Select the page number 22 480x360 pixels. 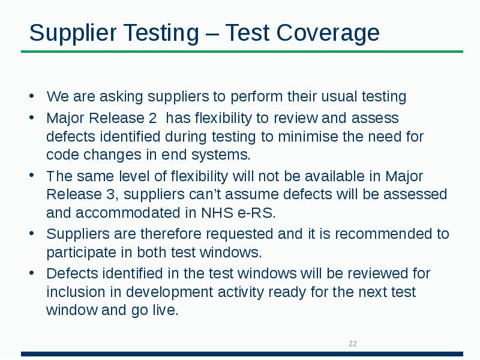(353, 344)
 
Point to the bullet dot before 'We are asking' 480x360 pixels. (32, 97)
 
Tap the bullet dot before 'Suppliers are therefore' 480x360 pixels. (32, 233)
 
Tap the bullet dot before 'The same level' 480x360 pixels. (32, 176)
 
